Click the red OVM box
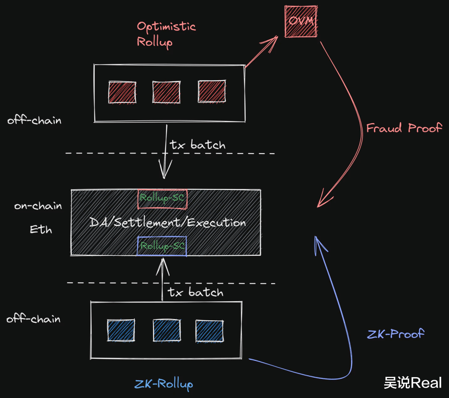point(301,22)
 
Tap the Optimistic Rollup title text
point(166,34)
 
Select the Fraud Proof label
point(404,128)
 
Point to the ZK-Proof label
point(395,334)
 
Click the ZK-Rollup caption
point(163,384)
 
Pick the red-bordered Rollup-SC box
point(163,199)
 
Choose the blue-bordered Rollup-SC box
point(162,246)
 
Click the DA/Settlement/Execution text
point(168,222)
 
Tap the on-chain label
point(38,205)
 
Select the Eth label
point(41,229)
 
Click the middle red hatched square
point(166,92)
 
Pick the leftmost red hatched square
point(122,92)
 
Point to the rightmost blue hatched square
point(210,331)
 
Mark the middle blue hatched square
point(167,331)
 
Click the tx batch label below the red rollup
point(197,145)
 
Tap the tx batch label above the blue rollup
point(195,292)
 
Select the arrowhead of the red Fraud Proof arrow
point(318,207)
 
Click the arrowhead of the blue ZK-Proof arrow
point(315,237)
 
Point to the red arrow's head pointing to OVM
point(277,36)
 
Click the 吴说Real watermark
point(413,383)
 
